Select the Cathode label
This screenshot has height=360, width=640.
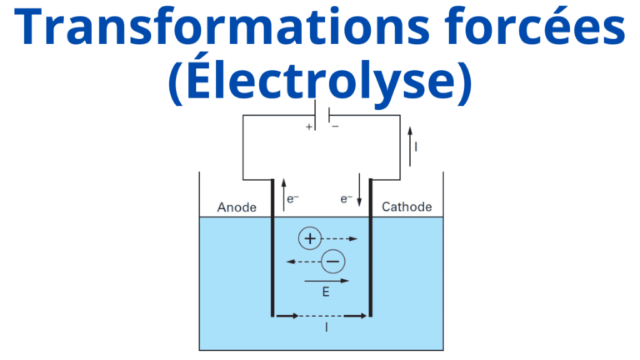coord(407,207)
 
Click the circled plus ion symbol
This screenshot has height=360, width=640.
coord(309,239)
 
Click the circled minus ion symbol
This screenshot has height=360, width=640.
coord(332,262)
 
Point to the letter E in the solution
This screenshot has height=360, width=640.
coord(325,292)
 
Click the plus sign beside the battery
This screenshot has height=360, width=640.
coord(309,127)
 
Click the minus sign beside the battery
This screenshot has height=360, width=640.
coord(335,127)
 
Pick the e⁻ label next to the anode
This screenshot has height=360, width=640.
coord(292,199)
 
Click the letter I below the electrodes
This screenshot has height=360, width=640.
coord(326,328)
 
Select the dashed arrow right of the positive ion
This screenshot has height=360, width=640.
coord(340,239)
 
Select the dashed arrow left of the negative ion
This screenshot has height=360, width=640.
coord(302,262)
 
